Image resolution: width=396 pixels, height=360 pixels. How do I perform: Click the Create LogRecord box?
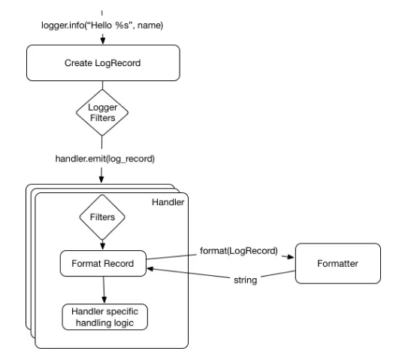[103, 63]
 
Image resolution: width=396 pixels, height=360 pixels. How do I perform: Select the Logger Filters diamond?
[102, 113]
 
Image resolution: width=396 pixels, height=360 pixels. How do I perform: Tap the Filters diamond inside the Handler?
[102, 217]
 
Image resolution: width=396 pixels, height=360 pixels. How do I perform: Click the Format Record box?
[103, 264]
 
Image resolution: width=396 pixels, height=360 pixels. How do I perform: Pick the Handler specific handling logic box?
[104, 317]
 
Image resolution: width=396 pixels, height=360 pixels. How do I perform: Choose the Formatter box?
[338, 264]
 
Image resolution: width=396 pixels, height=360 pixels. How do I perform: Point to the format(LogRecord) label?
[239, 251]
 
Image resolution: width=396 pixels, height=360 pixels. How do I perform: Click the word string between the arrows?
[246, 280]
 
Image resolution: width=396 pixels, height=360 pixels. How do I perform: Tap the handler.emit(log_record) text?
[105, 159]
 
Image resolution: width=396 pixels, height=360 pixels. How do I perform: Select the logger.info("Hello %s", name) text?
[102, 26]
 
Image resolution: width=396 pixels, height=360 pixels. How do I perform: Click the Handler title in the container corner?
[168, 202]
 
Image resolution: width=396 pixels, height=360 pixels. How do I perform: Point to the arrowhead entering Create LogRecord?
[102, 41]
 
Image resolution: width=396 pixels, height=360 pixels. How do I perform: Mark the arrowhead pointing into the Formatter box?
[291, 257]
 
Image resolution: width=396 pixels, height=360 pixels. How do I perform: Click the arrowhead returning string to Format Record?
[150, 269]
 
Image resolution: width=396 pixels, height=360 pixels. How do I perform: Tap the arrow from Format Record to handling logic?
[104, 290]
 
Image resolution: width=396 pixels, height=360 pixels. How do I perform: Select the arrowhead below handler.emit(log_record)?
[101, 180]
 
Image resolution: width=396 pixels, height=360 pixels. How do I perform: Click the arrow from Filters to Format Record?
[102, 244]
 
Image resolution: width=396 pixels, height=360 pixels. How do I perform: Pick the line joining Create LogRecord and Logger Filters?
[102, 85]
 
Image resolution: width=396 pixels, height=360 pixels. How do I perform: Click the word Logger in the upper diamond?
[102, 107]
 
